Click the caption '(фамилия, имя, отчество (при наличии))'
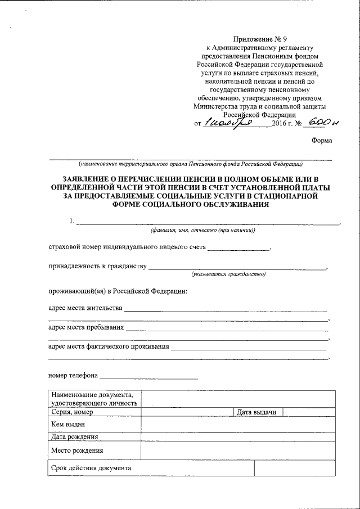202,230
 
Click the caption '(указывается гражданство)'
228,274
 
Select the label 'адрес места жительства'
84,308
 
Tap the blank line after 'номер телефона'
149,375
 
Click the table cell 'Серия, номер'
72,412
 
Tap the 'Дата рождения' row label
74,436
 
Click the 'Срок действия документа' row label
91,468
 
